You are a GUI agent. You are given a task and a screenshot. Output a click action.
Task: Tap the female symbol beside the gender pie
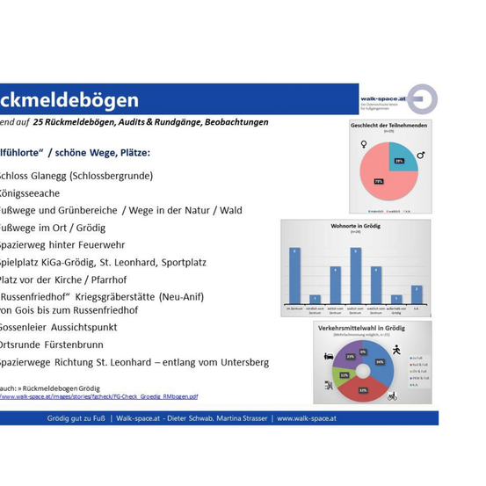point(363,143)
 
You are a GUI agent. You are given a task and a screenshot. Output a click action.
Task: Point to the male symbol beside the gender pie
point(420,156)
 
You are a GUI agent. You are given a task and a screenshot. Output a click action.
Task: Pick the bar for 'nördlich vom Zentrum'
point(315,299)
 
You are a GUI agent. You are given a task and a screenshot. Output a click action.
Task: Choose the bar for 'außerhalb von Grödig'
point(396,299)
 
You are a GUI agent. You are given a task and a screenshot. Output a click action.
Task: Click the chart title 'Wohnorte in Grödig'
point(356,227)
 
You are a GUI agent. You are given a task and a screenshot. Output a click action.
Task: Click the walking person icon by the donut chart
point(396,351)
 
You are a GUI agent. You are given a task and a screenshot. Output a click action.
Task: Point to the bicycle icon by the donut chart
point(391,395)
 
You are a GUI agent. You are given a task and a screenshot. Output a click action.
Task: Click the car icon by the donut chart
point(328,358)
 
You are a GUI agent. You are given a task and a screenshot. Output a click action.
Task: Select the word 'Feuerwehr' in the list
point(99,245)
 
